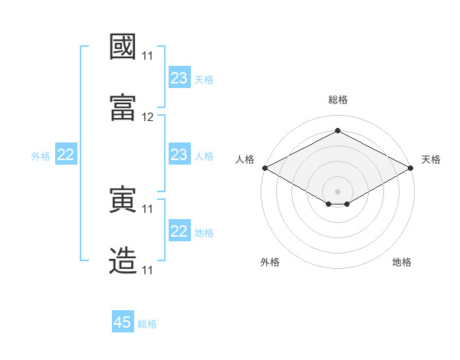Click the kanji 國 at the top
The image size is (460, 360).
(123, 47)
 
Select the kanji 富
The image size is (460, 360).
(123, 107)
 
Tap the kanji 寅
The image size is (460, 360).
(123, 199)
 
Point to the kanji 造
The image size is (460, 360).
(123, 260)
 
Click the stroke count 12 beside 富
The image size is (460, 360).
(147, 117)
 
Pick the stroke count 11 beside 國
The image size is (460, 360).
(147, 56)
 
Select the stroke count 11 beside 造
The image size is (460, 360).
(147, 270)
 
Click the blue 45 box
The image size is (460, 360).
(123, 321)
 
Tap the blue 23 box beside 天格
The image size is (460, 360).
(179, 77)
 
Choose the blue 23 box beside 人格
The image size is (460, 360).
(179, 154)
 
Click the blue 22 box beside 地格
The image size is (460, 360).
(179, 230)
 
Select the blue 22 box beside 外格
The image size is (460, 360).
(66, 154)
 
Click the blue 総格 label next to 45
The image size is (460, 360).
(147, 324)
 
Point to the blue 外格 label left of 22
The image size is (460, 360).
(41, 156)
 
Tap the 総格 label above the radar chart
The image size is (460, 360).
(338, 100)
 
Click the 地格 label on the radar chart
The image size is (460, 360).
(402, 262)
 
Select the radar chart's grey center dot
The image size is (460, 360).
(337, 191)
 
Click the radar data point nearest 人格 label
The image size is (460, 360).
(265, 168)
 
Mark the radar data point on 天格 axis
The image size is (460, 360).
(410, 168)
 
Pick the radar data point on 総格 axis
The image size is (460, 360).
(337, 130)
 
